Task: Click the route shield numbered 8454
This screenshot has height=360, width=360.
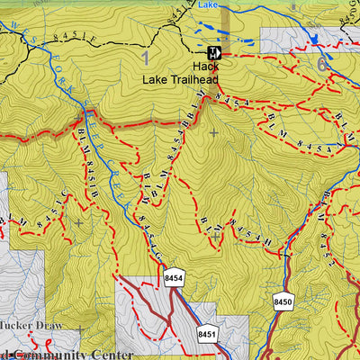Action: click(x=174, y=280)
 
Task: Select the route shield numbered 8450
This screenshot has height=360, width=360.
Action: click(x=283, y=300)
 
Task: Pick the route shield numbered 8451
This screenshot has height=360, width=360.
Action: click(x=207, y=334)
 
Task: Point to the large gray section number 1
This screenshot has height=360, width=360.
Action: click(x=145, y=59)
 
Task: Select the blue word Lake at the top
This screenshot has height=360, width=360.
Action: click(x=208, y=4)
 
